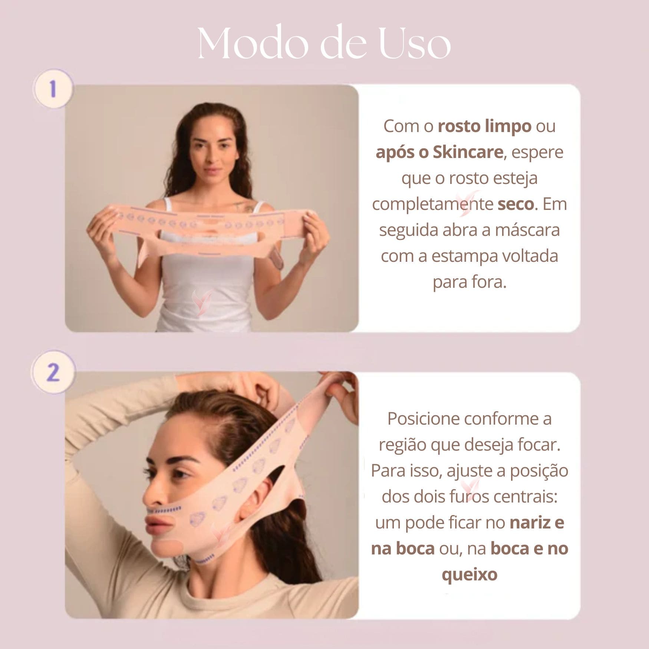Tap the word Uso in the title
[x=415, y=44]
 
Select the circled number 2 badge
[x=53, y=372]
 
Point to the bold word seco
[x=516, y=204]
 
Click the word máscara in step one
[x=529, y=230]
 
